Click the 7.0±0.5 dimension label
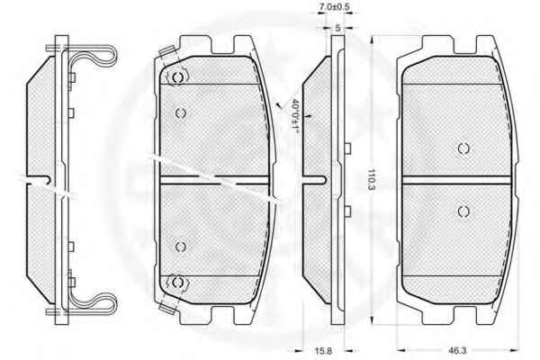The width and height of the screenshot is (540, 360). pos(335,6)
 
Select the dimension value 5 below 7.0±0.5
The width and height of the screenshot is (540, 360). pos(337,28)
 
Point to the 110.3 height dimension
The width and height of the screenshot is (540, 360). pos(371,179)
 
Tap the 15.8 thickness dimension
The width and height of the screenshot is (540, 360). pos(323,351)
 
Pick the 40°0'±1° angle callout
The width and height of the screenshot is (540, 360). pos(295,114)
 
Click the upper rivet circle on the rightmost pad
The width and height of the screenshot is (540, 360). pos(463,148)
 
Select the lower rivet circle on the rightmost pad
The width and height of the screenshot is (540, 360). pos(463,211)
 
